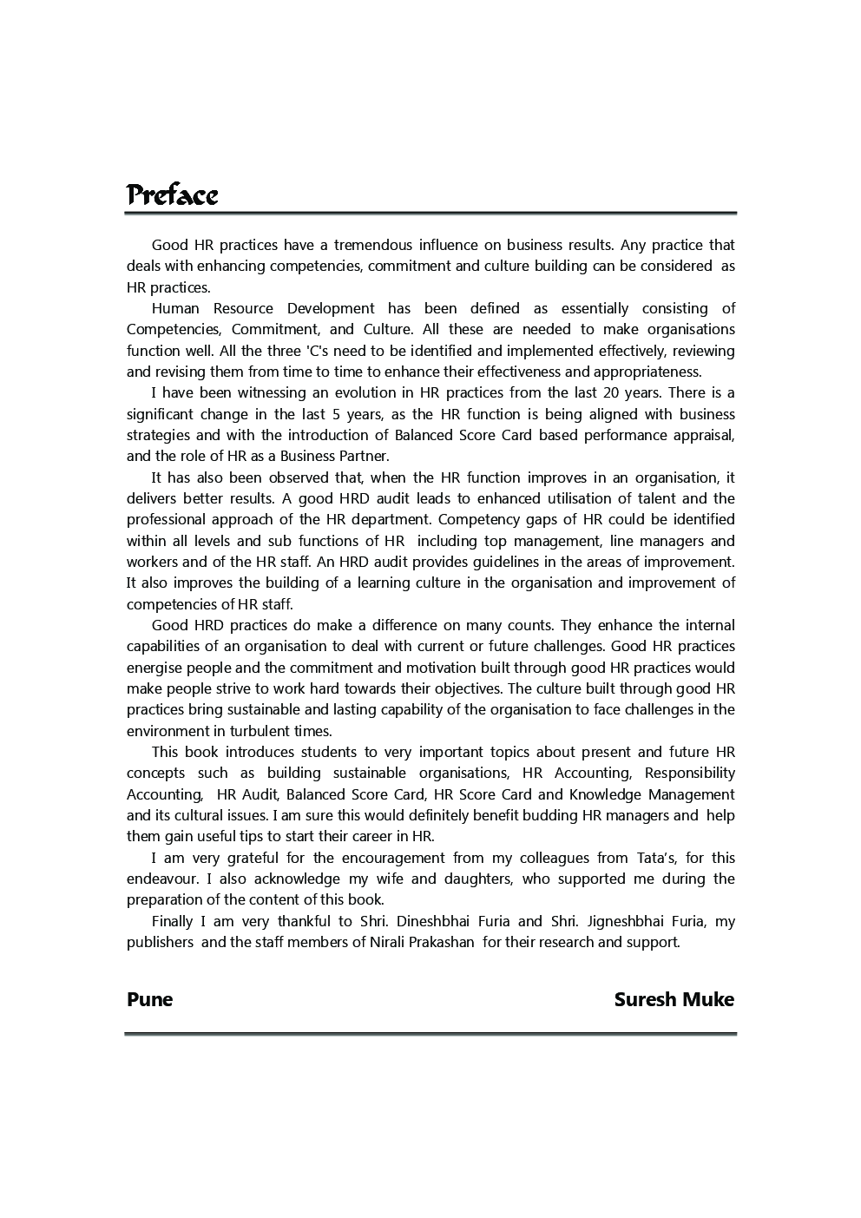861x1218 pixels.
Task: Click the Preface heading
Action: [x=172, y=194]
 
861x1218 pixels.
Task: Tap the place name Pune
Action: [x=149, y=999]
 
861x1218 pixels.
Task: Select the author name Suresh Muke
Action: [x=674, y=999]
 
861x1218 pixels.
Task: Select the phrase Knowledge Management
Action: [x=652, y=794]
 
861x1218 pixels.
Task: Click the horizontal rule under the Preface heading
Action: [x=430, y=213]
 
